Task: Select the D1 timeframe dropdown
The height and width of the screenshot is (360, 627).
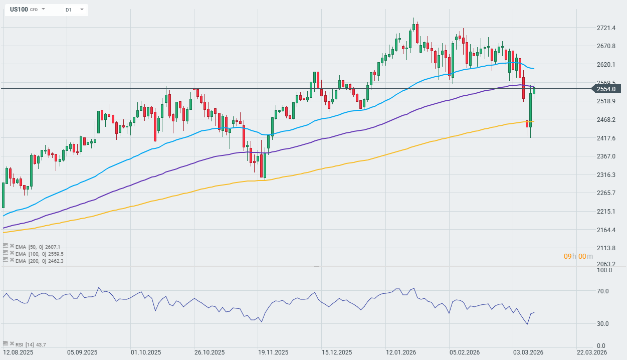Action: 74,10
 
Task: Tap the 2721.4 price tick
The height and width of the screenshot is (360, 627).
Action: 605,28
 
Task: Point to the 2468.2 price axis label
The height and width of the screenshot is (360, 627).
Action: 605,120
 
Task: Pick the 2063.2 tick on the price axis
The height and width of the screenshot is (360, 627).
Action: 605,264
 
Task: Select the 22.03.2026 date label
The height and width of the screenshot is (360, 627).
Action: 591,353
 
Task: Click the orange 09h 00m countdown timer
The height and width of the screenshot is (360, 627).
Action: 578,257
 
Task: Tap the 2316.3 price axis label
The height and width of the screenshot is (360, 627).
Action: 605,175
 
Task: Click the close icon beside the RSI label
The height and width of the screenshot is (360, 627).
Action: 12,343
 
